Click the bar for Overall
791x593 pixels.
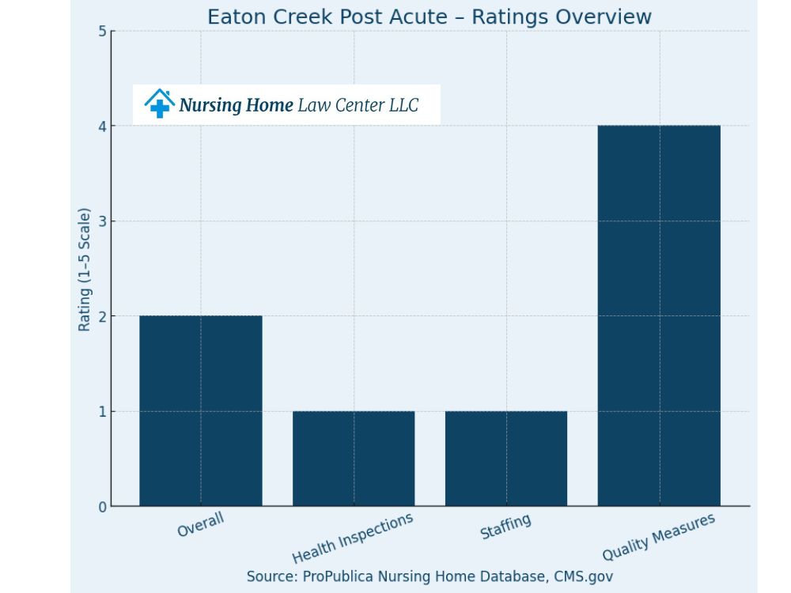[x=201, y=410]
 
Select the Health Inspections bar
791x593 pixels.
[x=354, y=458]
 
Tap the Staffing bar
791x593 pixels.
[x=506, y=458]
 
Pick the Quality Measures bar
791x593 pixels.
[x=659, y=315]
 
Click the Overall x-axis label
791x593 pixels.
[x=201, y=525]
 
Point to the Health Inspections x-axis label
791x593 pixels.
[x=353, y=538]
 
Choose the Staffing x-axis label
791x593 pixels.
[x=505, y=527]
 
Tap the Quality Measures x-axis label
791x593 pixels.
[x=658, y=537]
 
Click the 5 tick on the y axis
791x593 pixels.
[x=102, y=32]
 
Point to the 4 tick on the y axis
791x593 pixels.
[x=102, y=127]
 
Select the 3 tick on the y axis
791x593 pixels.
[x=102, y=221]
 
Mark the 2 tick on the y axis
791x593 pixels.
[x=102, y=316]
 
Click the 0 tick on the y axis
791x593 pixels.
[x=102, y=507]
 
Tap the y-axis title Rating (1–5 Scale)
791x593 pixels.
[x=84, y=270]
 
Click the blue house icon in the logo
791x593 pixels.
[x=160, y=104]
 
